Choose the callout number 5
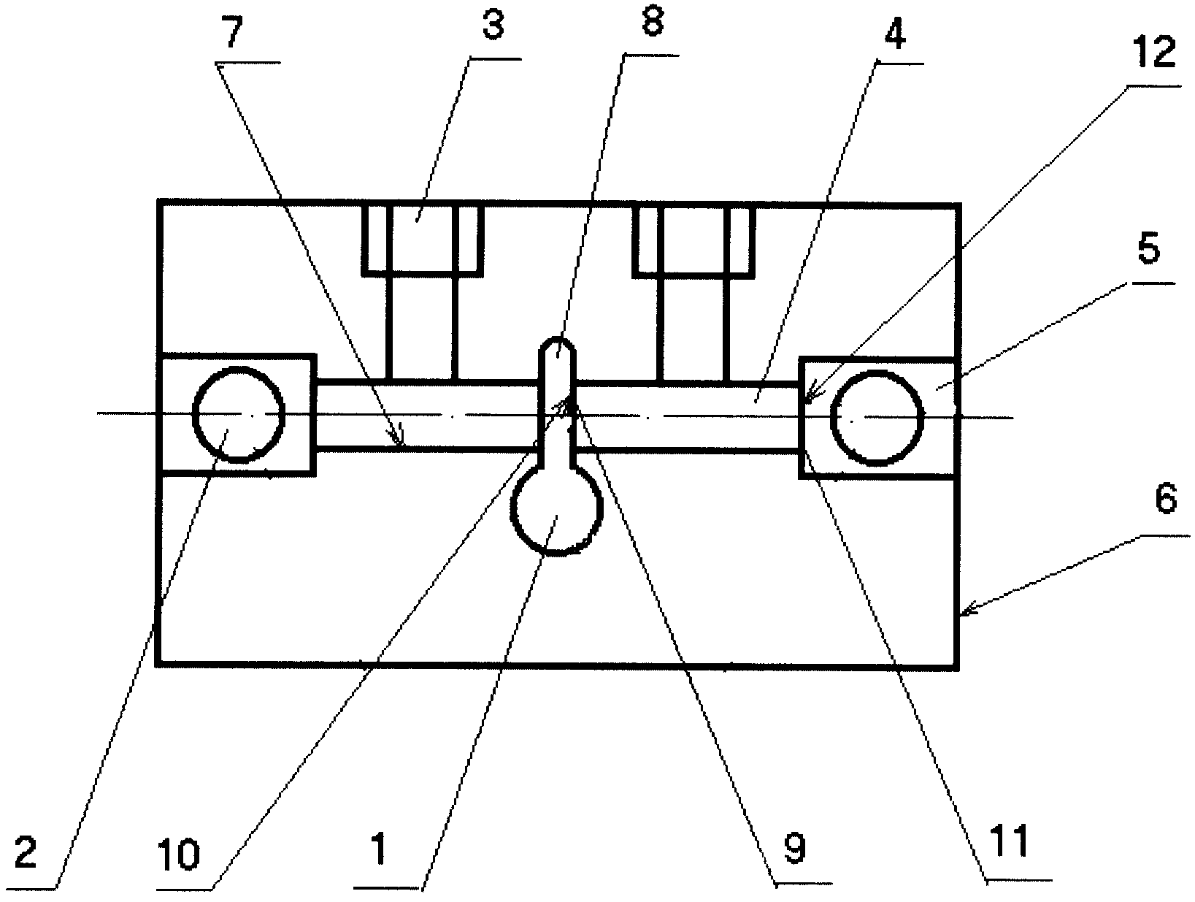(x=1148, y=251)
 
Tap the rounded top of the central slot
(x=558, y=348)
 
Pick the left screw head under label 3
(x=422, y=240)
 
